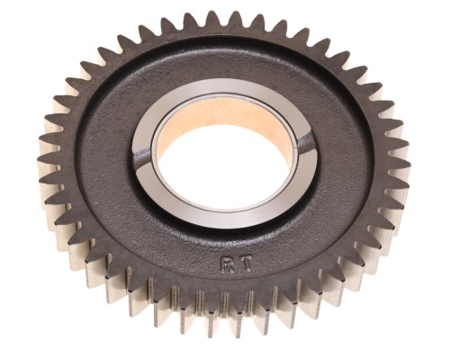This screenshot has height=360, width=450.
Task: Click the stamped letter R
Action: tap(226, 264)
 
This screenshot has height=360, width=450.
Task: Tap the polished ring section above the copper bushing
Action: tap(222, 88)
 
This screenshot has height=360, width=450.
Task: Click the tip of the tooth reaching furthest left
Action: tap(39, 158)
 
